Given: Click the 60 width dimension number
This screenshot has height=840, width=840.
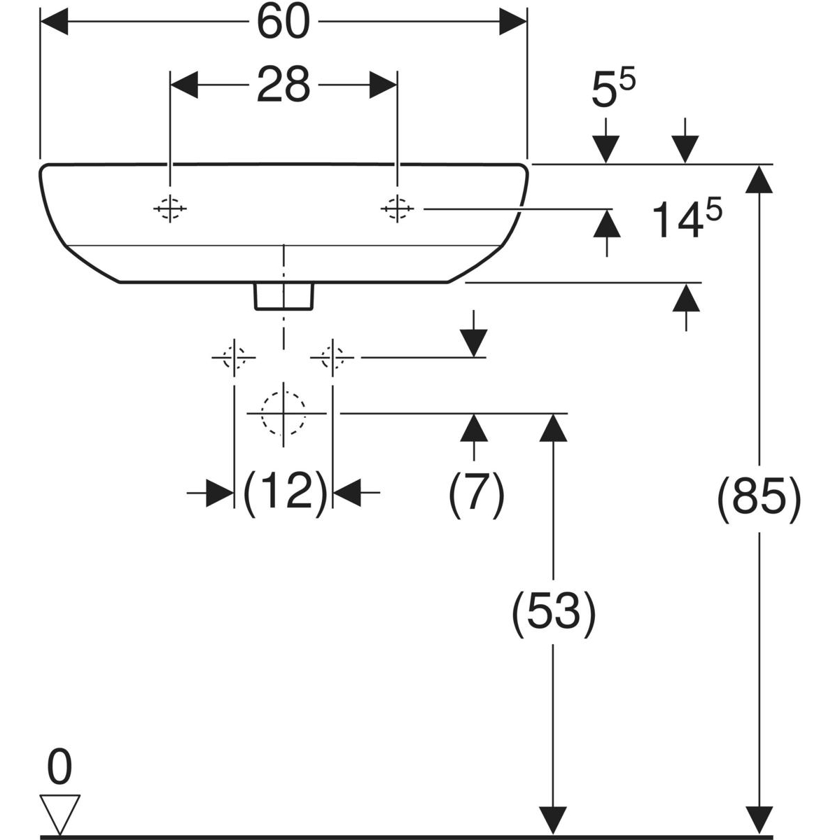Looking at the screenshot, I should click(x=283, y=22).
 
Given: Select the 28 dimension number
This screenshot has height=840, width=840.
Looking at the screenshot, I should click(x=283, y=85).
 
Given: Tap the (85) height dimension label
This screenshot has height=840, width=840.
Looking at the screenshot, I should click(x=758, y=500).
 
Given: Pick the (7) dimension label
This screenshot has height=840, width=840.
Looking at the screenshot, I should click(x=476, y=494).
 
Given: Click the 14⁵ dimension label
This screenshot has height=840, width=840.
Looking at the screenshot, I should click(x=686, y=218).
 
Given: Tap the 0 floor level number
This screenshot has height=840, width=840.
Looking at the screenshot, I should click(x=59, y=768).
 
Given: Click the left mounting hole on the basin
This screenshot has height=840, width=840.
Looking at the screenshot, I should click(x=170, y=208).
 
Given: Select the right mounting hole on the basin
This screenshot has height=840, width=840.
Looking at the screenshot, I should click(x=397, y=208).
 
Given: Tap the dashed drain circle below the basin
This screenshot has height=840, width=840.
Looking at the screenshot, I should click(x=283, y=414).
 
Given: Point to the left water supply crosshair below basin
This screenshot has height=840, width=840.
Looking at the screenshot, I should click(x=233, y=358).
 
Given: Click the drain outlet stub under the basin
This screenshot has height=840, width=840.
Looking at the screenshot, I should click(x=283, y=295).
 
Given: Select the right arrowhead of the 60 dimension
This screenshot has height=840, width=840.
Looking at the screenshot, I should click(x=513, y=22).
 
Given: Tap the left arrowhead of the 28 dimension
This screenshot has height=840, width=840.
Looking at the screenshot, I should click(x=184, y=85).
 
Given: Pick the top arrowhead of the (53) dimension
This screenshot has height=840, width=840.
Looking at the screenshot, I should click(x=554, y=426).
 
